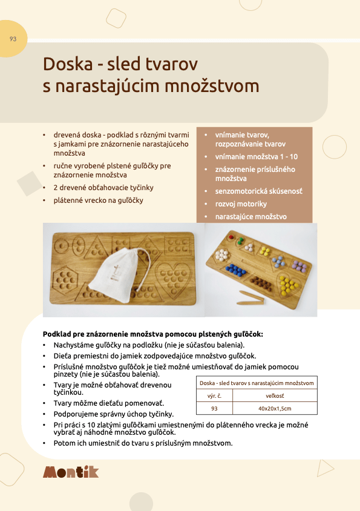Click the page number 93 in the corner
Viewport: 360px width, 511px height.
tap(13, 39)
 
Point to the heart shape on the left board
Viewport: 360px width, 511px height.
tap(174, 279)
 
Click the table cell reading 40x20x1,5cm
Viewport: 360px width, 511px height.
tap(275, 409)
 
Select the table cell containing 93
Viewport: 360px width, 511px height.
tap(214, 409)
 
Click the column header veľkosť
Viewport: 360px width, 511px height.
tap(275, 395)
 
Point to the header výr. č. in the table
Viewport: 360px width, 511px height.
tap(214, 395)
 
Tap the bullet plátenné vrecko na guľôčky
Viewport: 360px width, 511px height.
tap(98, 200)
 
